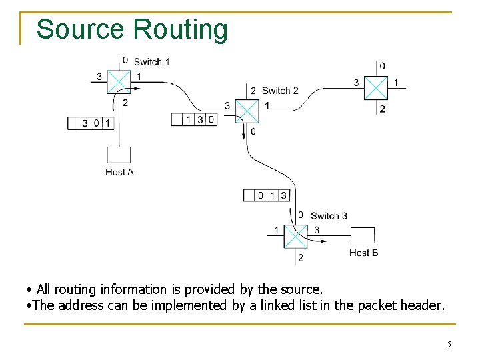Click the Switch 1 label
pyautogui.click(x=151, y=62)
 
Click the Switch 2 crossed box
pyautogui.click(x=247, y=111)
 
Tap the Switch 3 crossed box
pyautogui.click(x=295, y=235)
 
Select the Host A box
pyautogui.click(x=119, y=155)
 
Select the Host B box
pyautogui.click(x=363, y=235)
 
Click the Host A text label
pyautogui.click(x=119, y=172)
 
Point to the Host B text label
pyautogui.click(x=363, y=253)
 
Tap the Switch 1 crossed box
pyautogui.click(x=119, y=82)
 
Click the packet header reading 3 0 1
pyautogui.click(x=91, y=123)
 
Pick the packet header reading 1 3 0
pyautogui.click(x=195, y=119)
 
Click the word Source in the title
pyautogui.click(x=80, y=30)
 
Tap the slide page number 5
pyautogui.click(x=449, y=345)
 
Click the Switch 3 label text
pyautogui.click(x=329, y=216)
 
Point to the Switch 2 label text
pyautogui.click(x=280, y=91)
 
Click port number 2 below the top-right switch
pyautogui.click(x=382, y=109)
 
